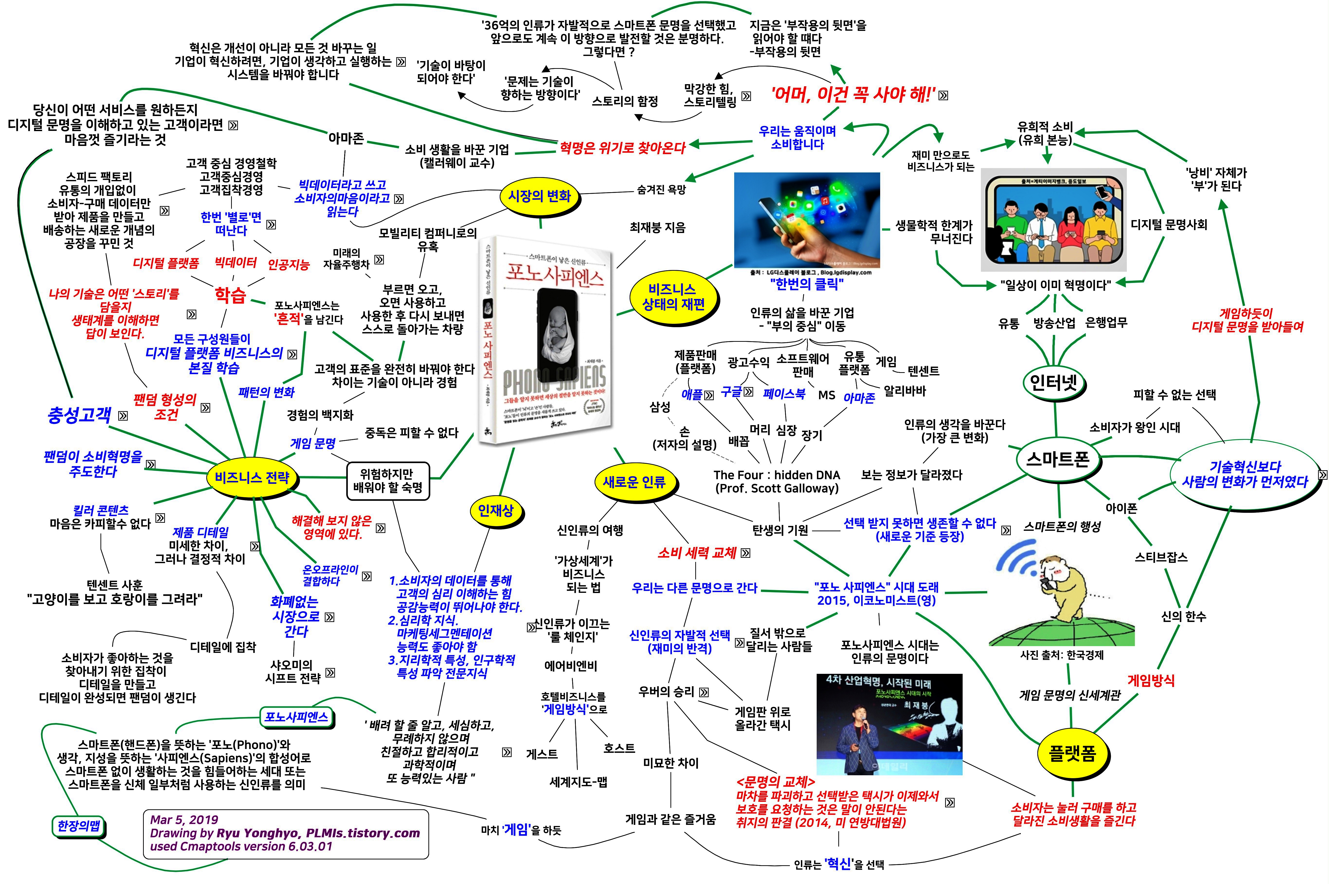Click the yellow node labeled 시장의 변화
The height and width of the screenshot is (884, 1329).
tap(540, 196)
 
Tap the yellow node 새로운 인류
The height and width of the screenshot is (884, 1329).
tap(634, 482)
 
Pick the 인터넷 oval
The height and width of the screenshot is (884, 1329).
tap(1053, 383)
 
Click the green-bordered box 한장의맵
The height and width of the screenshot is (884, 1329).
tap(78, 826)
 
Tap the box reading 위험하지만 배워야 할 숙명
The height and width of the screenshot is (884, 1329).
tap(387, 481)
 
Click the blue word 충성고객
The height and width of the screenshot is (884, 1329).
tap(79, 415)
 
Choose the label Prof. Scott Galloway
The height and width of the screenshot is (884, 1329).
tap(777, 488)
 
